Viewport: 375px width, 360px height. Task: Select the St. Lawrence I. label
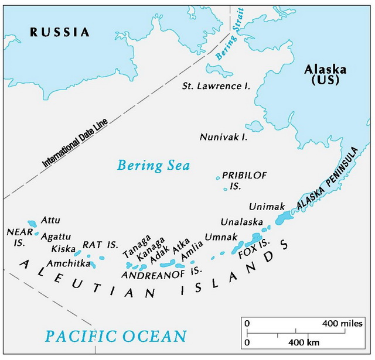pyautogui.click(x=216, y=86)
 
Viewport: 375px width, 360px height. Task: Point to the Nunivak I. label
pyautogui.click(x=223, y=138)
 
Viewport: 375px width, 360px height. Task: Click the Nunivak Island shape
pyautogui.click(x=255, y=126)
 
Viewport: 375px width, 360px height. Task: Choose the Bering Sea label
pyautogui.click(x=154, y=166)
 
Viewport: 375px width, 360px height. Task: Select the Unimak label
pyautogui.click(x=266, y=207)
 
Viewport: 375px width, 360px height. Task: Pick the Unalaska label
pyautogui.click(x=241, y=222)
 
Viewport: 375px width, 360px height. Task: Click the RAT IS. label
pyautogui.click(x=100, y=244)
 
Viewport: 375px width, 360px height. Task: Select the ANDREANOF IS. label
pyautogui.click(x=161, y=273)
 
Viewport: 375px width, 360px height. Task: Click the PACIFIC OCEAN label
pyautogui.click(x=116, y=336)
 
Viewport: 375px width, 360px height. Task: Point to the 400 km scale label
pyautogui.click(x=304, y=342)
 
